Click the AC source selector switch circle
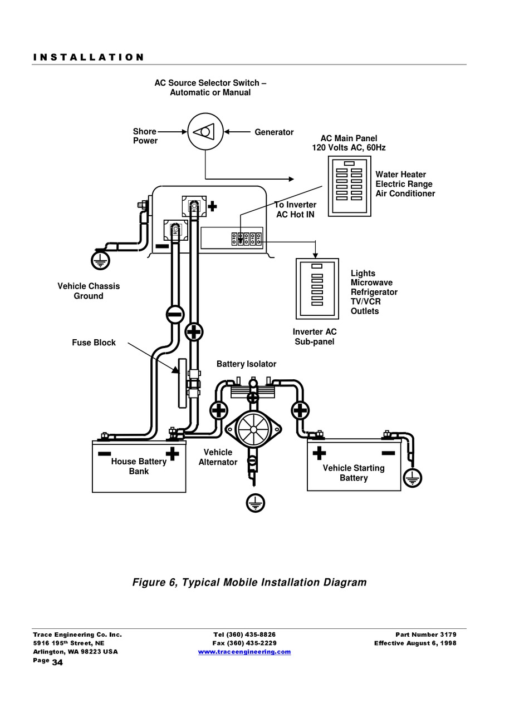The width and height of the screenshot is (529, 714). (205, 132)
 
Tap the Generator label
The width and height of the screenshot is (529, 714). (274, 132)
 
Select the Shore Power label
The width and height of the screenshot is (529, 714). (145, 136)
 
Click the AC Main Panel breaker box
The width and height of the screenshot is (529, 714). (349, 186)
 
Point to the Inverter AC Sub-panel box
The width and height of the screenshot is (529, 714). (317, 288)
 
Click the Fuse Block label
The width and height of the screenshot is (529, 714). (94, 343)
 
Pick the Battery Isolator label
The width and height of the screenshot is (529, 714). (246, 364)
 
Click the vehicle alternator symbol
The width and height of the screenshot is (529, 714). (253, 429)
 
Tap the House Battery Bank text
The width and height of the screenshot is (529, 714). (139, 466)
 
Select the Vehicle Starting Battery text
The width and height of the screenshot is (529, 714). (354, 473)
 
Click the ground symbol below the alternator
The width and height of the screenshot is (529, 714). (255, 503)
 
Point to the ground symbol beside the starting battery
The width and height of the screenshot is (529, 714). (413, 478)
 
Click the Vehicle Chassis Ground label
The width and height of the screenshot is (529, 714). (89, 291)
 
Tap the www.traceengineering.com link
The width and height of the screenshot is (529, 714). (244, 652)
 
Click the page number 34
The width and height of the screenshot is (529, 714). (57, 662)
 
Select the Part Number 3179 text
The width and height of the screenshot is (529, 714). (425, 634)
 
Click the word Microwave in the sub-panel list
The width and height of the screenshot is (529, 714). (371, 283)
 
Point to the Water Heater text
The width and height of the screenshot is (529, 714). (400, 175)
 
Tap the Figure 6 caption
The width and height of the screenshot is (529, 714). (249, 582)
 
